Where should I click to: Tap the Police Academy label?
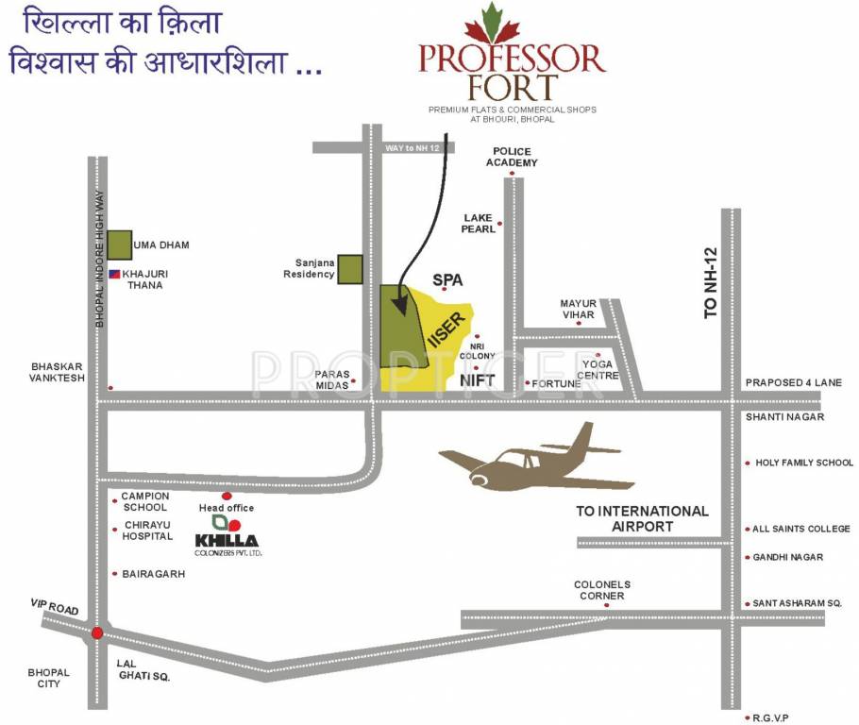(x=512, y=157)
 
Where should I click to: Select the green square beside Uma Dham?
(x=119, y=244)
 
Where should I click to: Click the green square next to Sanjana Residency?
(x=350, y=268)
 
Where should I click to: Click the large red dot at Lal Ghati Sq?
(x=97, y=633)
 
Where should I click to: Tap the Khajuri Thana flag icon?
(x=114, y=274)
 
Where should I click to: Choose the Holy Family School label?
(x=803, y=463)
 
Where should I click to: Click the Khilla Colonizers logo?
(x=227, y=533)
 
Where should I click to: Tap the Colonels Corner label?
(x=601, y=590)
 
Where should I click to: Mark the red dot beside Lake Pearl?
(x=500, y=223)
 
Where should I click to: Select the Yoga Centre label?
(x=599, y=369)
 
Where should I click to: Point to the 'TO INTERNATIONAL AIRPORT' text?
(x=642, y=518)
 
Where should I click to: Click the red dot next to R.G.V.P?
(x=748, y=717)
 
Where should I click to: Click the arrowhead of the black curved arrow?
(x=400, y=309)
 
